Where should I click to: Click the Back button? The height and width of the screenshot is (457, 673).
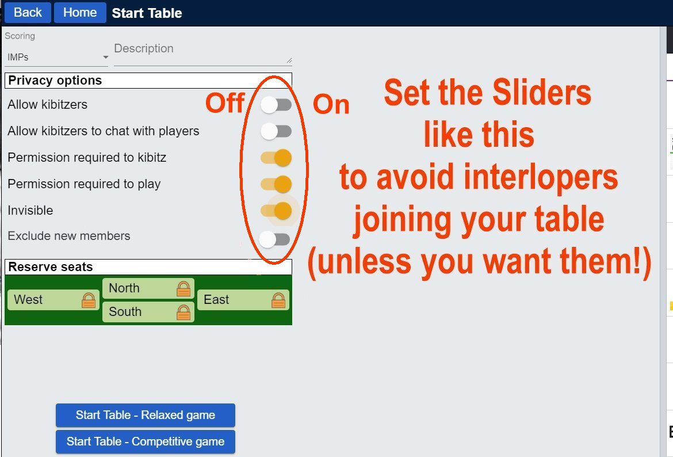(x=28, y=13)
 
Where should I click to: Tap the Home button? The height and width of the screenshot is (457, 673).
(x=80, y=13)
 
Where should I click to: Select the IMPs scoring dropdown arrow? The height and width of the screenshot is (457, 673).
(x=105, y=57)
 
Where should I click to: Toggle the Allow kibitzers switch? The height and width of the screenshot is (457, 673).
(x=276, y=105)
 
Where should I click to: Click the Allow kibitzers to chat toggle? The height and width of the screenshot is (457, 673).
(x=276, y=131)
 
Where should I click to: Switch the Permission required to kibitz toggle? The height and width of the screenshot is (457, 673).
(x=276, y=158)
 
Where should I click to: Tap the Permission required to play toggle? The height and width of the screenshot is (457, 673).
(x=276, y=184)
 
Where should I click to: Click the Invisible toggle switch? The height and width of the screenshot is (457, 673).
(x=276, y=211)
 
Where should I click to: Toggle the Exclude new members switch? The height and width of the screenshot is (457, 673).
(x=275, y=239)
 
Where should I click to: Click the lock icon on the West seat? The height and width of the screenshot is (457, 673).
(x=89, y=300)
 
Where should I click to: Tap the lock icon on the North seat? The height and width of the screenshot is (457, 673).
(x=183, y=288)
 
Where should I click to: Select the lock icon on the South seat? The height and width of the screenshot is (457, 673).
(x=183, y=312)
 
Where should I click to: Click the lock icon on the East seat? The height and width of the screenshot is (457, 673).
(x=278, y=300)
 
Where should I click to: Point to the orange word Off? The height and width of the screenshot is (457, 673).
(x=225, y=103)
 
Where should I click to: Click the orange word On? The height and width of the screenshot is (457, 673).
(x=331, y=104)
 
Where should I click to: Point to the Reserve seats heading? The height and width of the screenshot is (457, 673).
(x=51, y=266)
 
